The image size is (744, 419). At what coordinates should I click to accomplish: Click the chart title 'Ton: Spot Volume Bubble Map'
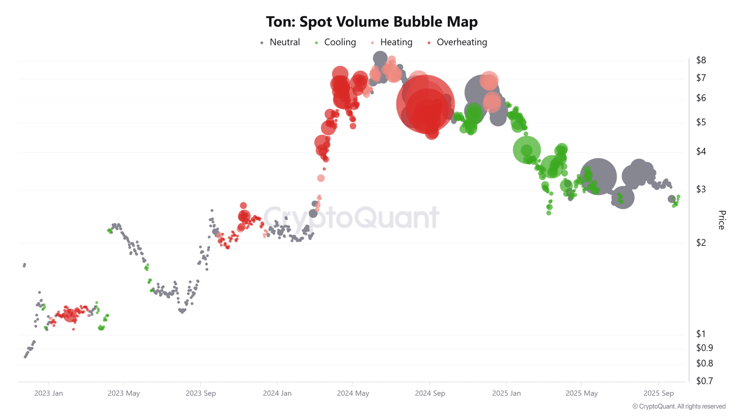pos(372,22)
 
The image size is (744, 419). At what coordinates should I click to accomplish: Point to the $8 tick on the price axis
pos(701,60)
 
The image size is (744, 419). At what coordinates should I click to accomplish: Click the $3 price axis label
pos(701,189)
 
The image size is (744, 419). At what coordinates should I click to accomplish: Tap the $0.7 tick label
pos(704,381)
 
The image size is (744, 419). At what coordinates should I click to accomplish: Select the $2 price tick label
pos(701,243)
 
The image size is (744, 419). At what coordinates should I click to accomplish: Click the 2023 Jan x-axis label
pos(48,393)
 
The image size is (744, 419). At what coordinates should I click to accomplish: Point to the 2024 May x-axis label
pos(353,393)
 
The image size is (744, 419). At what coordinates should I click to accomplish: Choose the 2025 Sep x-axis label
pos(658,393)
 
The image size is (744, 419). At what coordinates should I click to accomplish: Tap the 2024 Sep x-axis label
pos(430,393)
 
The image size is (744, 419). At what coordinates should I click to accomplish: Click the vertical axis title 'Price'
pos(722,220)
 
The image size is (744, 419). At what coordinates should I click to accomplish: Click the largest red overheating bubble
pos(425,104)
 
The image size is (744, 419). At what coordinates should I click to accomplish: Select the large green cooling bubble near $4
pos(526,150)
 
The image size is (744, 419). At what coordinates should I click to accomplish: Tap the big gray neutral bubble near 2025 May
pos(598,176)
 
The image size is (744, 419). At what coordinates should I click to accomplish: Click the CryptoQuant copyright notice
pos(679,406)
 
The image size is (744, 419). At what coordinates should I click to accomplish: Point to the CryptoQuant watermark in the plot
pos(351,218)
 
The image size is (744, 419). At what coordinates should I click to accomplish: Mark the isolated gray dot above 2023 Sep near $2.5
pos(212,210)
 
